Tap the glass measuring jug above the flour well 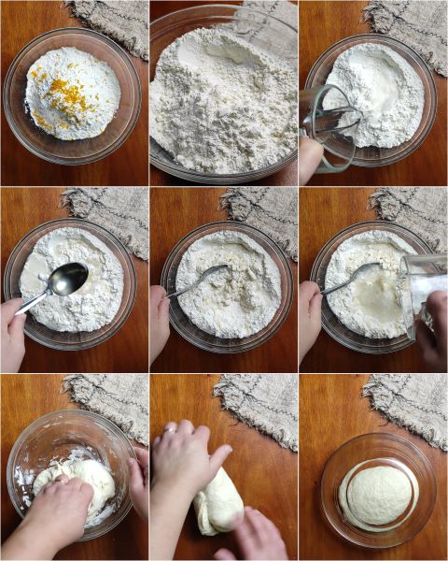331,126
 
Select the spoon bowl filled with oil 67,278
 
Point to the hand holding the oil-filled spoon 12,332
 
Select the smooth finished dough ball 378,494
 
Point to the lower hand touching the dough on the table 250,538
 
